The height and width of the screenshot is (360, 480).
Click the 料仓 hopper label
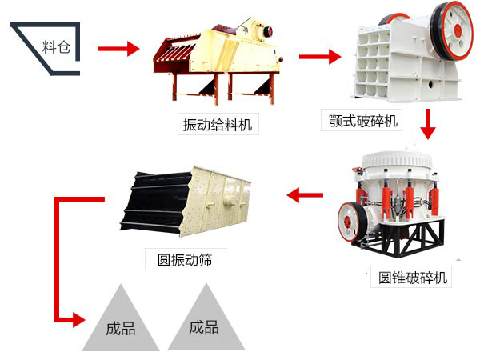(56, 46)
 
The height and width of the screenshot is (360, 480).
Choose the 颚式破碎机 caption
(363, 122)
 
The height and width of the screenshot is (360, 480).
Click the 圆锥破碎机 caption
(414, 278)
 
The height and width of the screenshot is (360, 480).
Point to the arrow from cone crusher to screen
(306, 194)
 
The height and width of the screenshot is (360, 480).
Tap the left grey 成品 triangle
(120, 324)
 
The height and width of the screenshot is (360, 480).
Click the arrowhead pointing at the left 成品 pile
(77, 320)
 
